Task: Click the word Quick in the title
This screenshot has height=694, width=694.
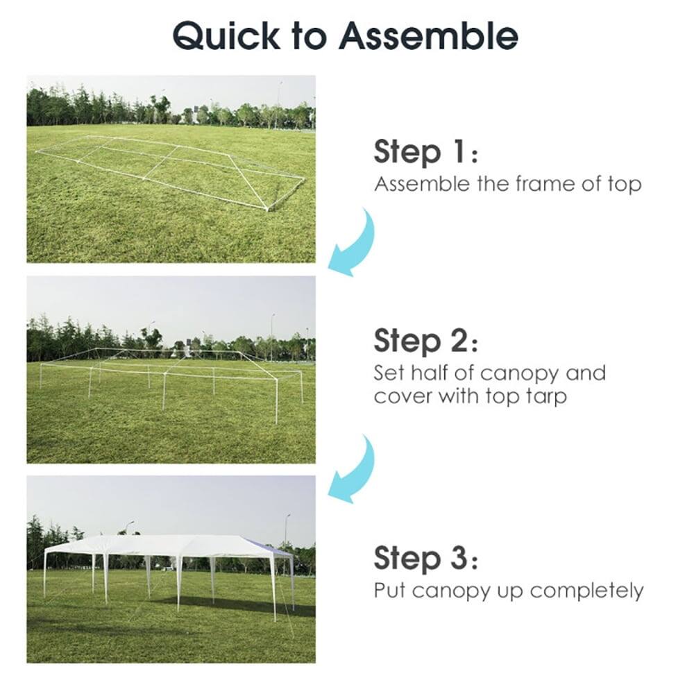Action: coord(228,35)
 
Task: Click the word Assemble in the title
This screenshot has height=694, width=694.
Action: coord(431,35)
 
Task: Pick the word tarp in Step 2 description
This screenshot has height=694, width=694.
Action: coord(542,396)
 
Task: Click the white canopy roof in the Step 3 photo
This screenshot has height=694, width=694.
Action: coord(167,545)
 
